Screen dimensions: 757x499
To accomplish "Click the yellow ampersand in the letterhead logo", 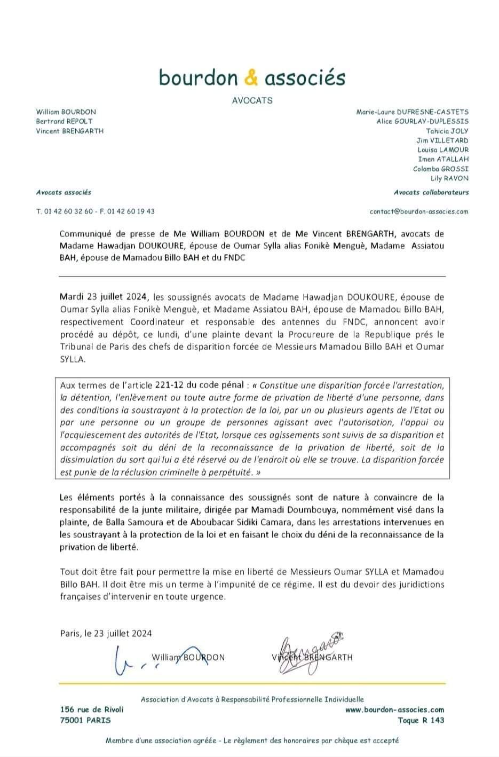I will point(251,78).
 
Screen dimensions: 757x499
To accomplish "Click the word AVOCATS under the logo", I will point(252,100).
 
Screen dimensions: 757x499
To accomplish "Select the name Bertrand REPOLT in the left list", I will point(64,121).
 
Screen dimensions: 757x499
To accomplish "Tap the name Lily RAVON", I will point(449,178).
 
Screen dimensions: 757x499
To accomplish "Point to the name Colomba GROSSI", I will point(440,169).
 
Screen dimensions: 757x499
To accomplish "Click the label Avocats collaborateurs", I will point(431,192).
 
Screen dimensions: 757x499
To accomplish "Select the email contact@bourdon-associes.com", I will point(418,211).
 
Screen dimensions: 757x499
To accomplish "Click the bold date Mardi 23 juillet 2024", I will point(105,297).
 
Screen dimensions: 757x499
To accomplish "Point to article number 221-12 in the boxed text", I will point(170,385).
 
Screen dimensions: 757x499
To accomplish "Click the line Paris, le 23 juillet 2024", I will point(106,634).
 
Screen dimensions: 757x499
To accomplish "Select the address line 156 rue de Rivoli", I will point(92,709).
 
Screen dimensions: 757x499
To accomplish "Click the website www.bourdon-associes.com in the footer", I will point(394,709).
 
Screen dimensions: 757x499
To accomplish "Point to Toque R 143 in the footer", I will point(421,720).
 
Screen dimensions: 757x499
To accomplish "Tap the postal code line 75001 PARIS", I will point(85,720).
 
